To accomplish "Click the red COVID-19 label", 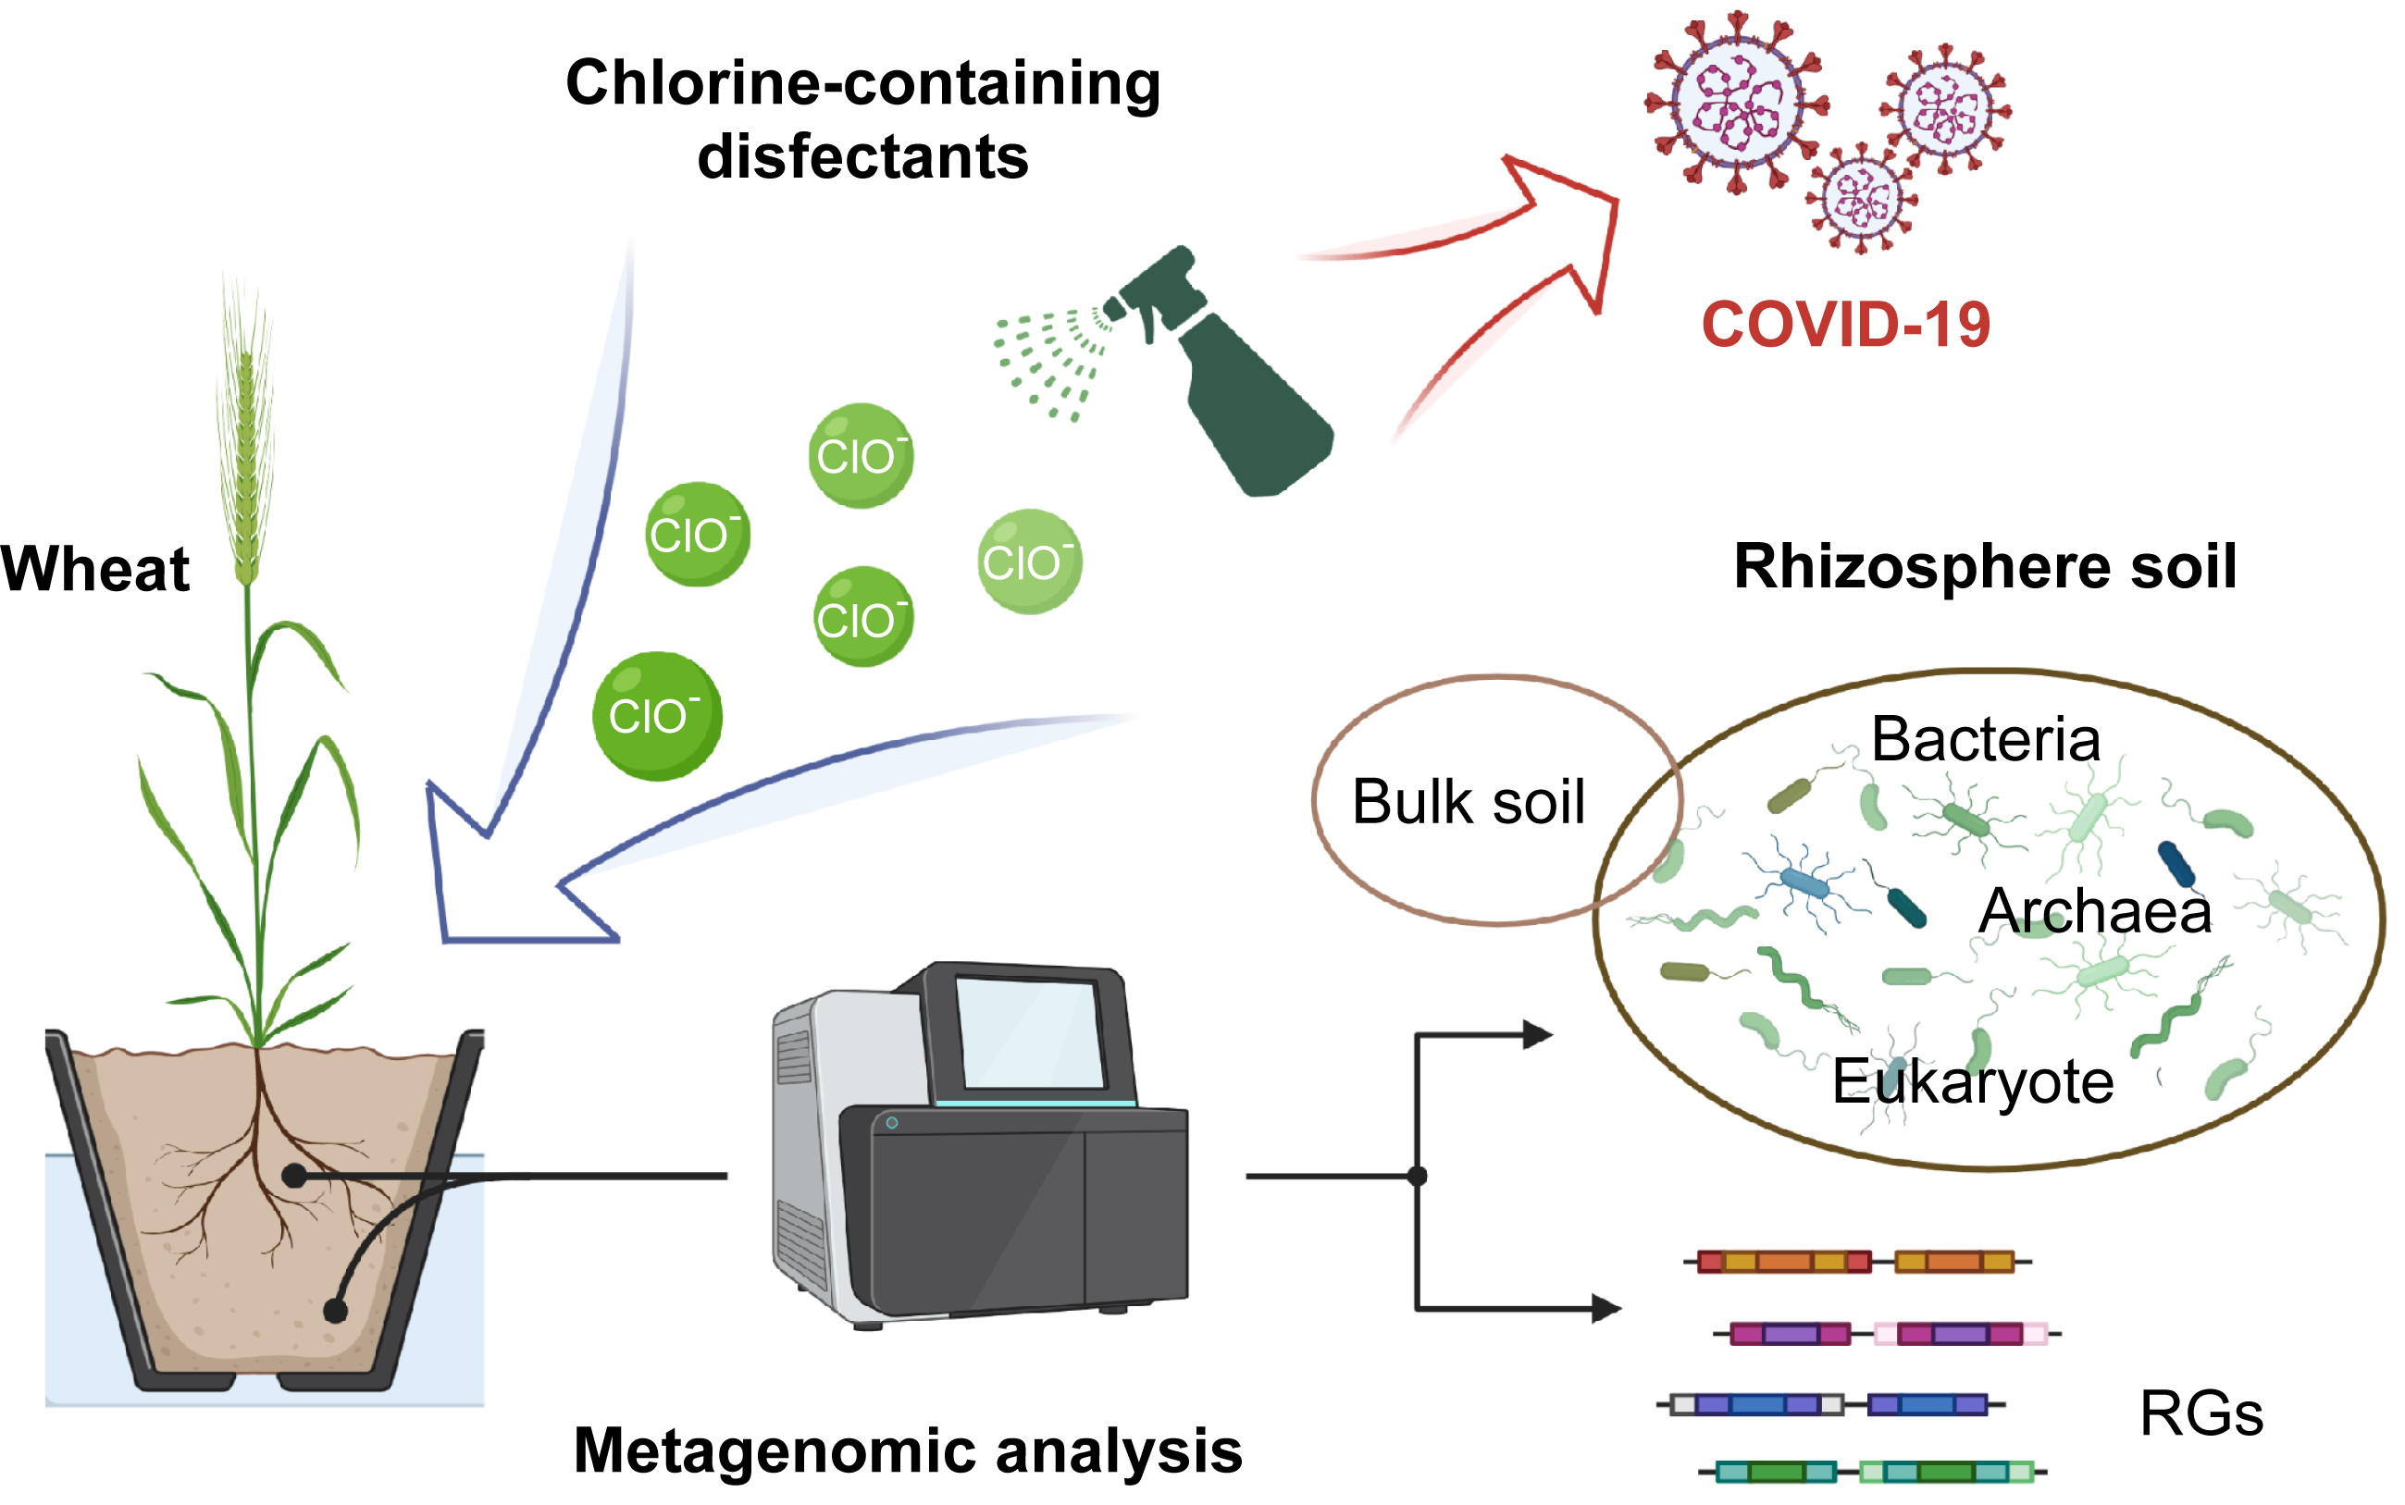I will click(x=1844, y=325).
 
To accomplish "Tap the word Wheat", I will click(x=95, y=570).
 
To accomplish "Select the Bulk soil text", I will click(x=1468, y=801).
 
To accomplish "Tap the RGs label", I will click(x=2200, y=1413).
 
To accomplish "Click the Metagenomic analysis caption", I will click(x=908, y=1450).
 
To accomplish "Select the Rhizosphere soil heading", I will click(x=1985, y=566).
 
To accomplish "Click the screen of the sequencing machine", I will click(x=1030, y=1032).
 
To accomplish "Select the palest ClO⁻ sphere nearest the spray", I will click(x=1029, y=561).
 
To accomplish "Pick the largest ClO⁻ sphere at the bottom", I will click(x=656, y=716).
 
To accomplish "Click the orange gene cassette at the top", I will click(x=1782, y=1262).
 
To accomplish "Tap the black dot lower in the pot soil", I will click(x=336, y=1311).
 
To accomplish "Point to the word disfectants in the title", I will click(x=862, y=157).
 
